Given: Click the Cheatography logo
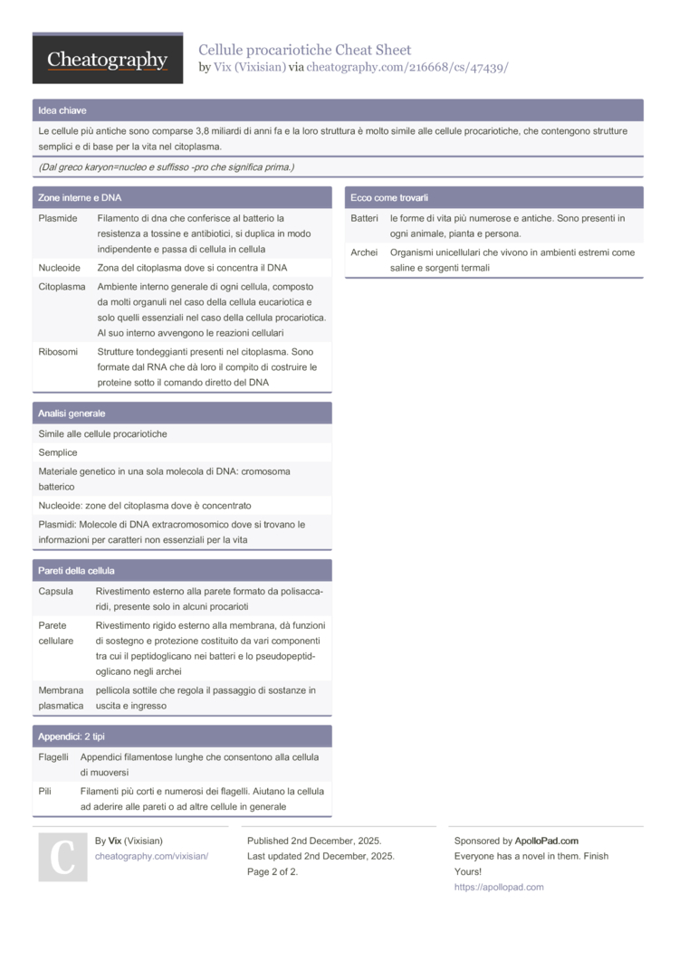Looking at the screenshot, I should pos(108,60).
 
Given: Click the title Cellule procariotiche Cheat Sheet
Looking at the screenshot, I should pos(304,50).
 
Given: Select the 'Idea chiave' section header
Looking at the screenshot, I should pos(62,110).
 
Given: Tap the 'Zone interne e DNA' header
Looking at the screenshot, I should pos(80,197).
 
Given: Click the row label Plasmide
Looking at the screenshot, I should pos(58,218).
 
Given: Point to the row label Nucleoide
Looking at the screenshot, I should pos(60,268).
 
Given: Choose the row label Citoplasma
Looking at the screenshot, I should pos(62,287).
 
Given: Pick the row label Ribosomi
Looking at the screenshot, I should pos(58,352).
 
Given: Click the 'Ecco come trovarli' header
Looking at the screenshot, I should pos(389,197).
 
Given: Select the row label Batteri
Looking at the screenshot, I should pos(364,218).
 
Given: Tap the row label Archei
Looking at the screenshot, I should pos(364,252).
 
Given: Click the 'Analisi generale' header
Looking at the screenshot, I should pos(72,413).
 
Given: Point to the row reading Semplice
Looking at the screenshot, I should pos(58,452).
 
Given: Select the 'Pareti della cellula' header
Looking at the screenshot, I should pos(76,571).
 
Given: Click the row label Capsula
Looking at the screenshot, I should pos(56,591).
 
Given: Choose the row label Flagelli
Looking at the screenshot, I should pos(53,756).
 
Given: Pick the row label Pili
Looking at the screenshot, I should pos(45,791).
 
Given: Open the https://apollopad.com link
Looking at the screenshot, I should pos(499,887).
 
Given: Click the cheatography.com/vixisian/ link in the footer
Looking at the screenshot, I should pos(151,856).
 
